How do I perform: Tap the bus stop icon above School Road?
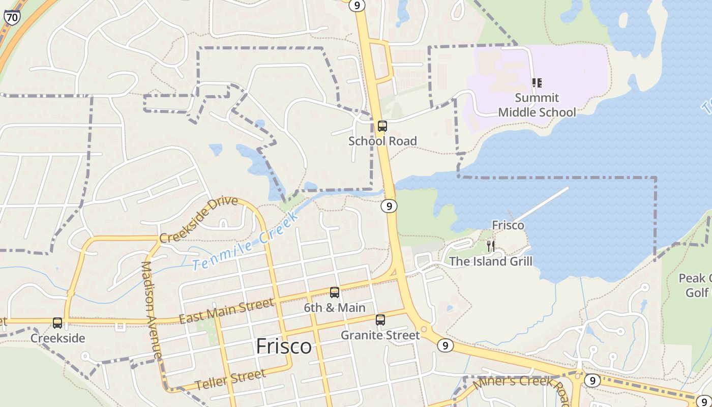pos(382,126)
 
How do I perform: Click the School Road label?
pos(382,141)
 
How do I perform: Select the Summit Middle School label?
pos(537,105)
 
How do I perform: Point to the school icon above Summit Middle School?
pos(537,82)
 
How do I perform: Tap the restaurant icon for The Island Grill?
pos(490,246)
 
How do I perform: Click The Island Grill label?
pos(491,261)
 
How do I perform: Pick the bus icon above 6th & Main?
pos(334,293)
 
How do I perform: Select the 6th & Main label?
pos(335,308)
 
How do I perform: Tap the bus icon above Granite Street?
pos(380,320)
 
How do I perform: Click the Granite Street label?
pos(380,335)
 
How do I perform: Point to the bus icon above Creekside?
pos(57,323)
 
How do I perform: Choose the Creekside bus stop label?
pos(58,338)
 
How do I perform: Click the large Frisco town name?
pos(284,346)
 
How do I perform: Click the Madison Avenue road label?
pos(152,310)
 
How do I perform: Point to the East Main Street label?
pos(226,311)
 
